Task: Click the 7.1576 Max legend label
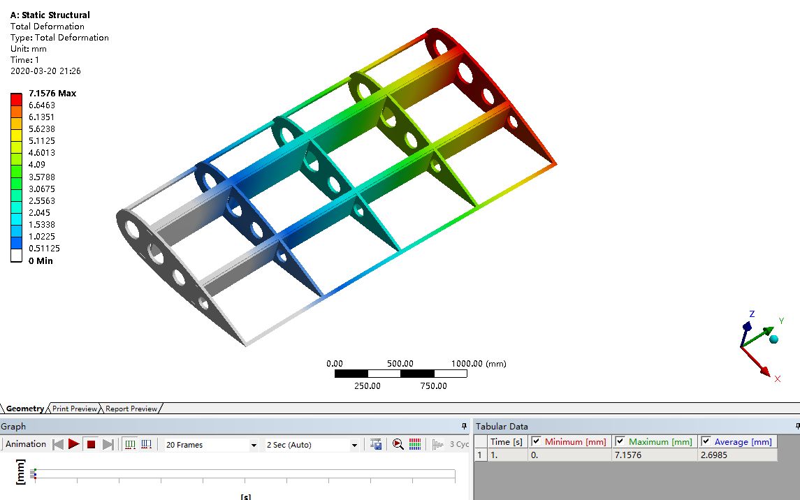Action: tap(52, 94)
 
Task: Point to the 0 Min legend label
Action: tap(41, 261)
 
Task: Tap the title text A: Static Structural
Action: tap(50, 15)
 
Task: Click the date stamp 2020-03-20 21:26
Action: tap(46, 71)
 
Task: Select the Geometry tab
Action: tap(24, 409)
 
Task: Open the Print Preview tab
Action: tap(75, 409)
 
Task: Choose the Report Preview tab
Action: tap(131, 409)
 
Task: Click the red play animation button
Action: tap(74, 444)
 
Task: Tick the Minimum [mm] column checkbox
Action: tap(536, 441)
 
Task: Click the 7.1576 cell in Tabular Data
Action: tap(627, 455)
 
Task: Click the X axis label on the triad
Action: tap(777, 378)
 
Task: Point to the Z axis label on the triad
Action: tap(752, 314)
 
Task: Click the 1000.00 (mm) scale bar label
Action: tap(479, 364)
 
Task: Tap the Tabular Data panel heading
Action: tap(502, 426)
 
